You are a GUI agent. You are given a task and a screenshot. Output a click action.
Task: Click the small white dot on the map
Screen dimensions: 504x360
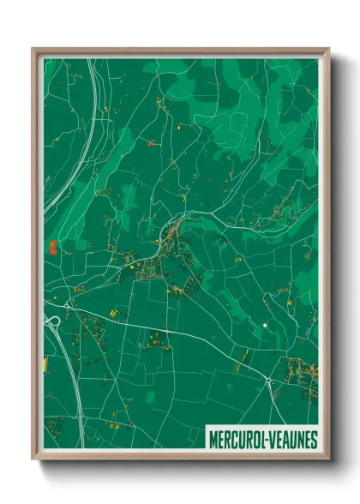tap(266, 326)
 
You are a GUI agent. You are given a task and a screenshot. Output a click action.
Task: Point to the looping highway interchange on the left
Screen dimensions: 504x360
tap(54, 322)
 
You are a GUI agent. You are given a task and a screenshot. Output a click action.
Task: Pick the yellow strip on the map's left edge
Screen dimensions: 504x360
tap(45, 365)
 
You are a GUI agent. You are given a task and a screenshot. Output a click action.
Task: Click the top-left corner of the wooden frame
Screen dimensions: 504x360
tap(33, 49)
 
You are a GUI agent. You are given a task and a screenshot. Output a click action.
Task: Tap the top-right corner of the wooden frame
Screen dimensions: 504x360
tap(328, 49)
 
